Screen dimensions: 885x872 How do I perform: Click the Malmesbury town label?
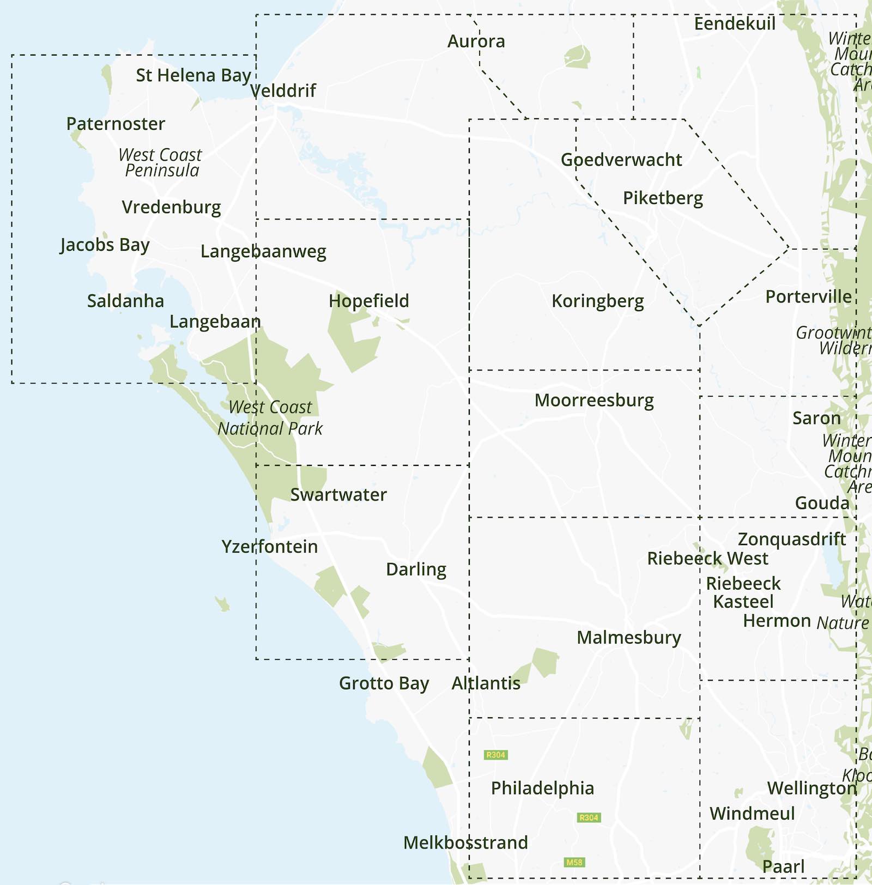tap(628, 637)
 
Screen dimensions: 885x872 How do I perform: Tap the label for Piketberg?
tap(663, 198)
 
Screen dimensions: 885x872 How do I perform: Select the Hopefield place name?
tap(368, 300)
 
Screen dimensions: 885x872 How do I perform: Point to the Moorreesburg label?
tap(594, 400)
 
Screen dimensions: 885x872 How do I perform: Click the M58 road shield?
tap(574, 862)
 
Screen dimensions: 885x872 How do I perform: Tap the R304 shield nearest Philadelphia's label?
tap(589, 817)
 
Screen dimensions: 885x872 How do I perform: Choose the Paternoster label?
tap(116, 124)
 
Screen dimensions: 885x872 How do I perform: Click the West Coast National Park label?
tap(270, 417)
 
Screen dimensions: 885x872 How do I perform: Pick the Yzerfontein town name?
tap(269, 546)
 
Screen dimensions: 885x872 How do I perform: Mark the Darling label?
tap(416, 569)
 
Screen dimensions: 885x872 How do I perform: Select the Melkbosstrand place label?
tap(465, 842)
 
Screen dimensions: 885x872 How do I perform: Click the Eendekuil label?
tap(734, 23)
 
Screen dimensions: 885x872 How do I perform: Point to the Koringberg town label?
tap(597, 301)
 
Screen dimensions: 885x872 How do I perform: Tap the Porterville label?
tap(808, 296)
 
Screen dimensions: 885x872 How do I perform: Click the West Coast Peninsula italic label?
tap(161, 162)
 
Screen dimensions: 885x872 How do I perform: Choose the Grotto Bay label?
tap(384, 683)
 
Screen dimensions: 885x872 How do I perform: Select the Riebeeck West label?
tap(707, 558)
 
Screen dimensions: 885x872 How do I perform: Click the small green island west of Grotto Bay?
tap(222, 604)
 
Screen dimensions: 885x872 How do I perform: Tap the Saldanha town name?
tap(125, 301)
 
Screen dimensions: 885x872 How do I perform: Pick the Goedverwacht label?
tap(621, 160)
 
